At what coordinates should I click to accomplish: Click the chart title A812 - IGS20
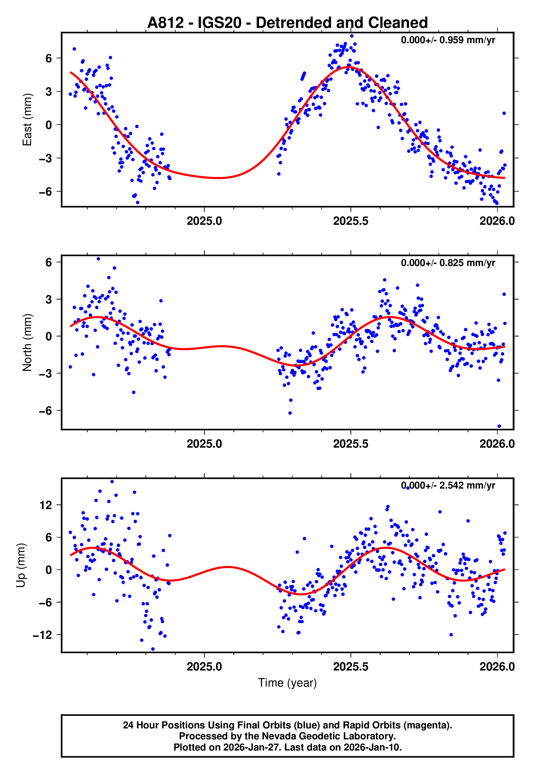(x=287, y=23)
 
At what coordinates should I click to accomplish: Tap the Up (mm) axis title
(x=21, y=565)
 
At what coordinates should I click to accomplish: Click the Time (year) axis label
(x=287, y=683)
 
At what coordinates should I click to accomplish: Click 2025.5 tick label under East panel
(x=351, y=221)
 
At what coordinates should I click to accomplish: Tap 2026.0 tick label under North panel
(x=497, y=444)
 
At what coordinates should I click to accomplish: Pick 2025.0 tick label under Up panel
(x=204, y=667)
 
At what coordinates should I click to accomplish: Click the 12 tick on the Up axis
(x=46, y=505)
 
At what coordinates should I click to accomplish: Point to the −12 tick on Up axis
(x=43, y=635)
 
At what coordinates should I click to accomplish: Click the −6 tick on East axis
(x=46, y=192)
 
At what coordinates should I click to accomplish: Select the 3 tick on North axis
(x=49, y=299)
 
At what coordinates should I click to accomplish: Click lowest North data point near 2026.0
(x=499, y=426)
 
